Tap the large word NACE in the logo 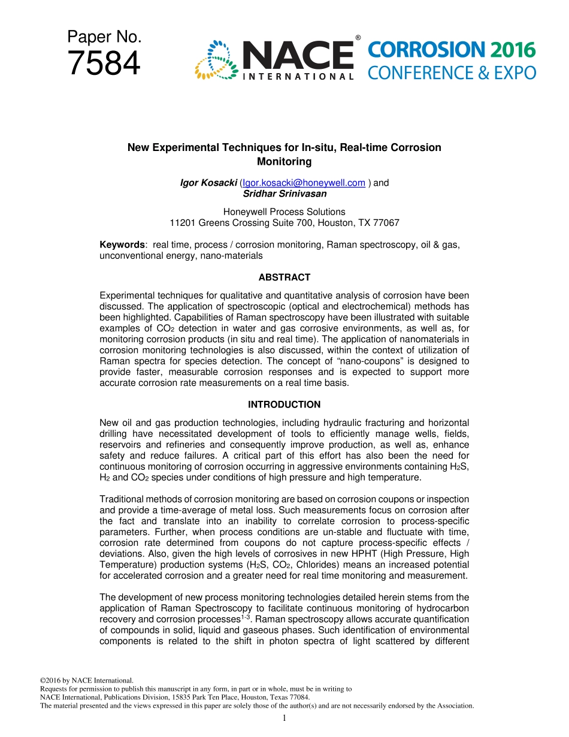click(x=297, y=56)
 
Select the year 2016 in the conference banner click(x=511, y=50)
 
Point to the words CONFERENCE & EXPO click(x=452, y=74)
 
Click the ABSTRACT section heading click(x=284, y=277)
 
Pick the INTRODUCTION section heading click(x=284, y=404)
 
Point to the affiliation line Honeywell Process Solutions click(x=284, y=212)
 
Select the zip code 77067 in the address click(x=387, y=222)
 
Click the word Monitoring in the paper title click(x=284, y=161)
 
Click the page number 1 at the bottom click(x=284, y=718)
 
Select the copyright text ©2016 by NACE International click(x=86, y=680)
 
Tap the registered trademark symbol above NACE click(x=358, y=38)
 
